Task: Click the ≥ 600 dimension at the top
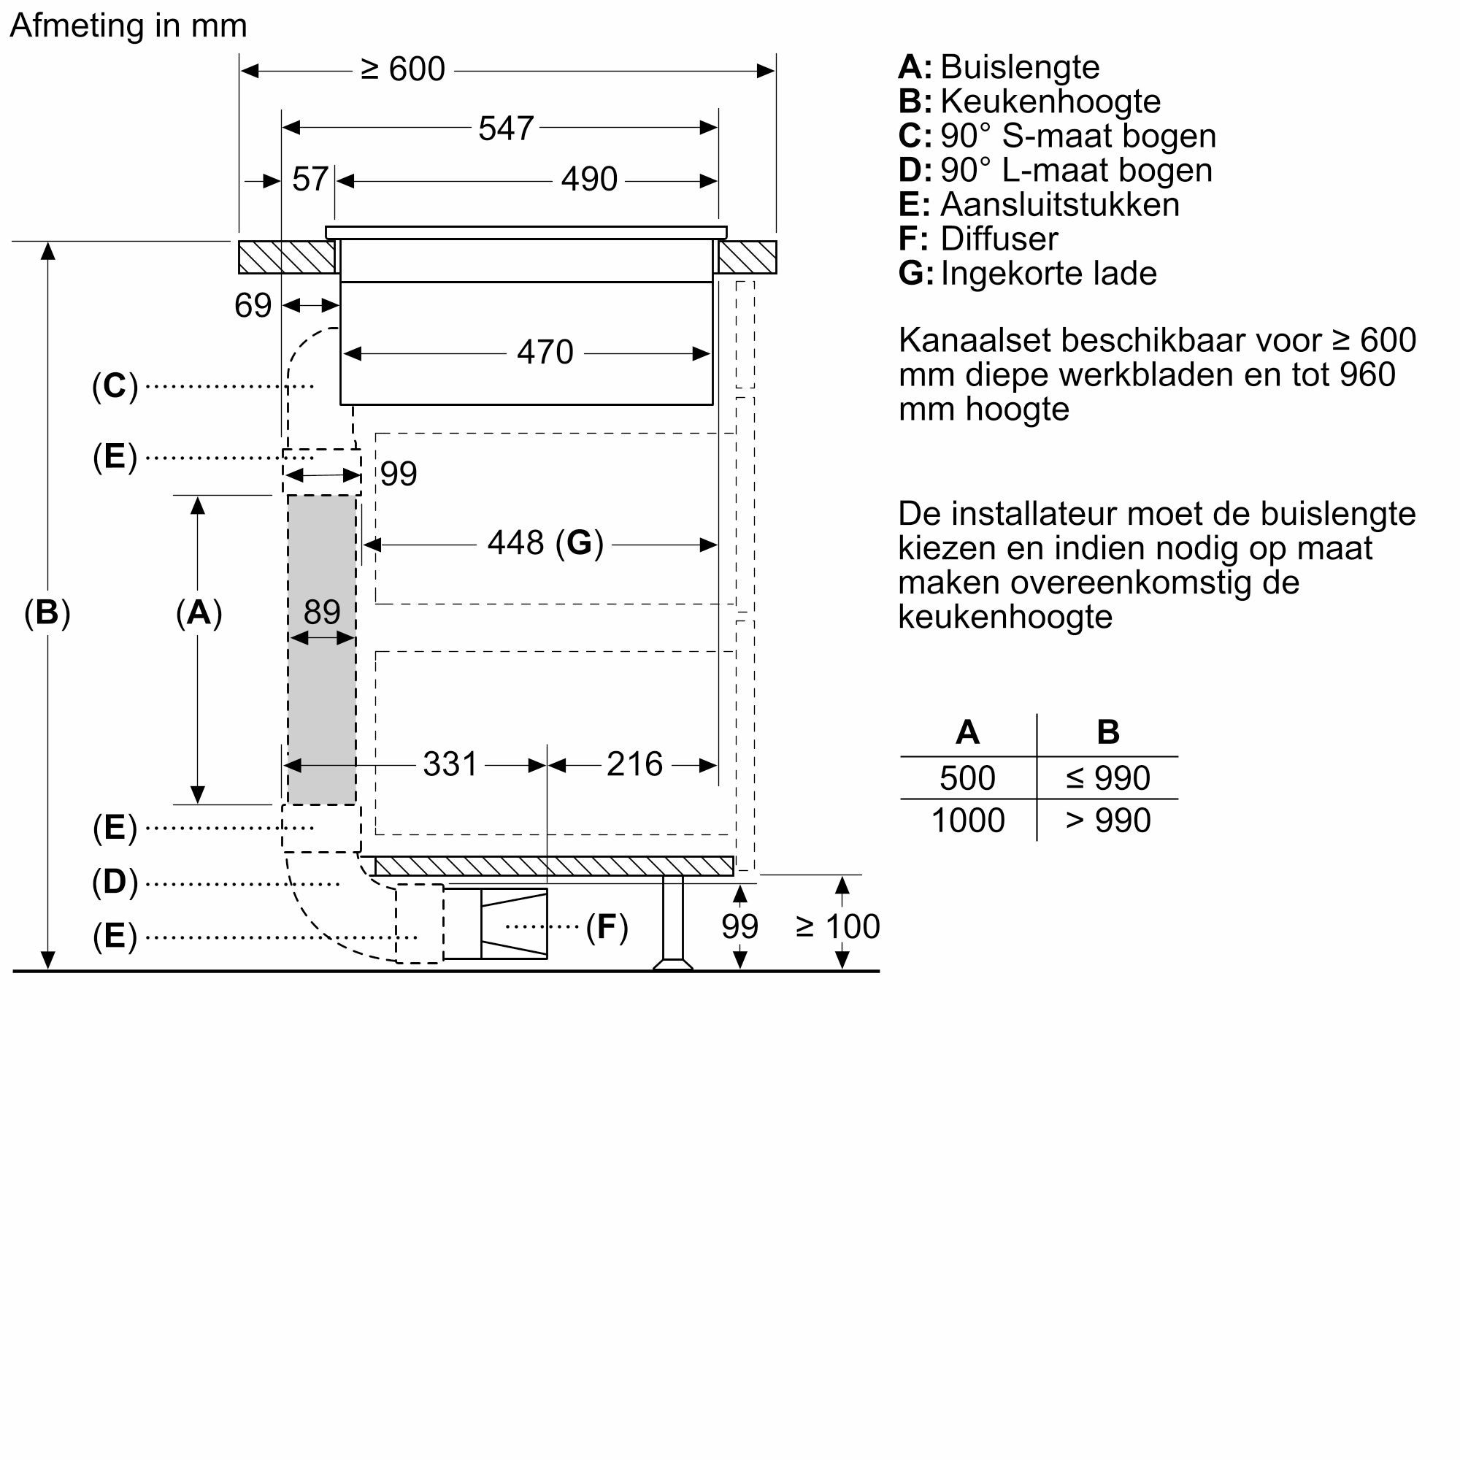click(403, 69)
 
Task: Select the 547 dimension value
click(506, 128)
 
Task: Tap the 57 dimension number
click(310, 180)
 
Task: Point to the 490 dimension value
click(588, 180)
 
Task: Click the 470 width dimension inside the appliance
click(545, 352)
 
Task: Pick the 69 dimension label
click(253, 305)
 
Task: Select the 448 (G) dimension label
click(545, 542)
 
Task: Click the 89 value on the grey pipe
click(322, 611)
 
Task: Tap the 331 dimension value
click(450, 764)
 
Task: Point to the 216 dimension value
click(634, 764)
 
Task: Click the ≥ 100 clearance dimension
click(837, 926)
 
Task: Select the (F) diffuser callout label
click(607, 927)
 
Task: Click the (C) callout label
click(115, 386)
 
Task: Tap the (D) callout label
click(115, 882)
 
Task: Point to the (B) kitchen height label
click(47, 612)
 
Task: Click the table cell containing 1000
click(967, 821)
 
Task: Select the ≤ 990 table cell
click(1107, 778)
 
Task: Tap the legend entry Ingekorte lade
click(1048, 274)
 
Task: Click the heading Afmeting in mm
click(128, 26)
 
